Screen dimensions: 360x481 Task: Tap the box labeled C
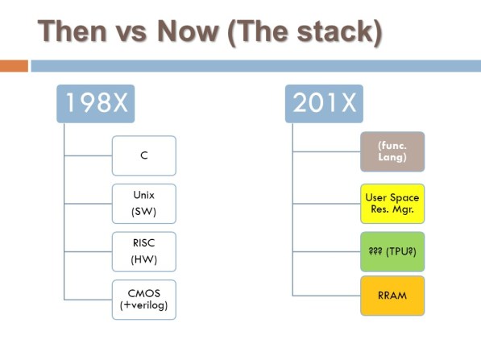[x=143, y=155]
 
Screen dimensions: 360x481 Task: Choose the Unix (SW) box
[x=143, y=203]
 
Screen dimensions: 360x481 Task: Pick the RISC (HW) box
[x=143, y=251]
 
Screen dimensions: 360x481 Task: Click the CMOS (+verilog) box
[x=143, y=300]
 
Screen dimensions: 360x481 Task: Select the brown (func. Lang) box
[x=392, y=152]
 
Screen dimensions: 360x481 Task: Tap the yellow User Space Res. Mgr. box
[x=392, y=203]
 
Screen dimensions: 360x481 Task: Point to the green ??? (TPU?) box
[x=392, y=250]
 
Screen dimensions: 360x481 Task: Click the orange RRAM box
[x=392, y=296]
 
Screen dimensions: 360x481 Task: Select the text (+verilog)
[x=143, y=307]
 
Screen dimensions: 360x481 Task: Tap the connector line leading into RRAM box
[x=326, y=296]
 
